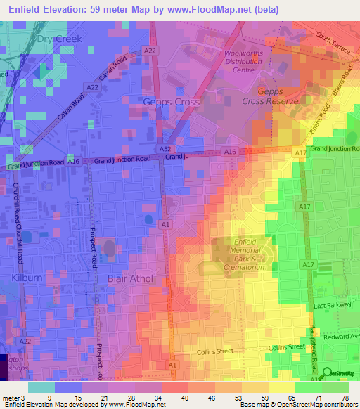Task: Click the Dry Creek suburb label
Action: (x=60, y=39)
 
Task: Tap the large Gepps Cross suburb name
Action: (x=172, y=102)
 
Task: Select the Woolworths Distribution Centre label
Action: (x=244, y=61)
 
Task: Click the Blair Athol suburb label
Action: (x=131, y=278)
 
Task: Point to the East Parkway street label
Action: (x=332, y=306)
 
